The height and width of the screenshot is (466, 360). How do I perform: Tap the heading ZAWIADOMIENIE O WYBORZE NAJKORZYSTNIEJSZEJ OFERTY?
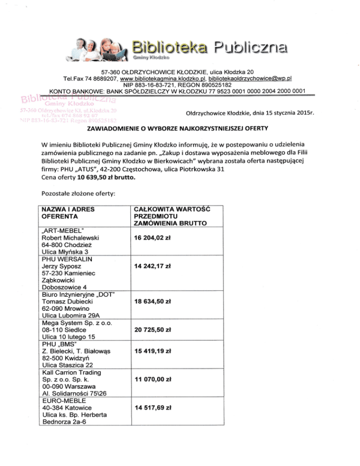coord(179,129)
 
